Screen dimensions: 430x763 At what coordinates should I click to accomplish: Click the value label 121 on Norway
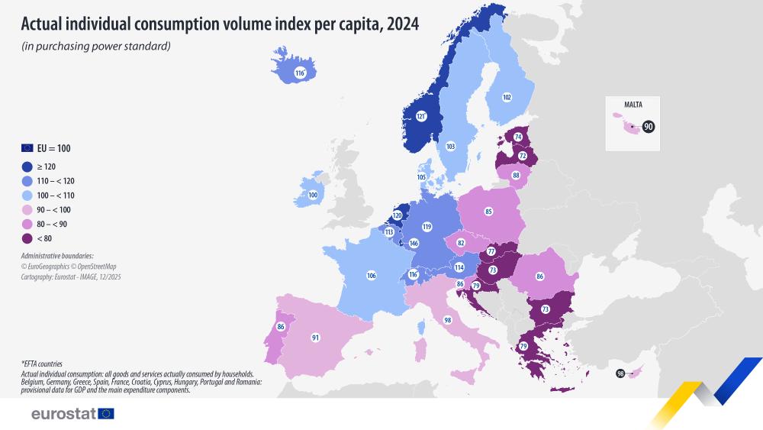click(x=420, y=116)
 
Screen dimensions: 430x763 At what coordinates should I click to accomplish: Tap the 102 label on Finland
click(x=507, y=97)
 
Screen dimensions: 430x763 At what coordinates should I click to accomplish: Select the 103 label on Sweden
click(x=450, y=146)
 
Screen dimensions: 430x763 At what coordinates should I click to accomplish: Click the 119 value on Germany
click(x=427, y=227)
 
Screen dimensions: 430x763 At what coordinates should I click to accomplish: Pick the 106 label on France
click(x=371, y=275)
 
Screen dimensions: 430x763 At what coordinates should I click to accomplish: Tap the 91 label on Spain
click(x=315, y=337)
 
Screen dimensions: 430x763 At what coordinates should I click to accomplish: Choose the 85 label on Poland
click(x=488, y=211)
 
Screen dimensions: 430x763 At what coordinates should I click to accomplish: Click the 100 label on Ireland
click(x=313, y=195)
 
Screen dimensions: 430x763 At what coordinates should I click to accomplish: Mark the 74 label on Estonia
click(x=518, y=137)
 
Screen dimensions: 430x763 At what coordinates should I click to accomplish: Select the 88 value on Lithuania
click(x=516, y=175)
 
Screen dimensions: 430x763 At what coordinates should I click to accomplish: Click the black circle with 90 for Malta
click(x=649, y=127)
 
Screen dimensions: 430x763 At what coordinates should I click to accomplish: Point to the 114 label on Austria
click(x=459, y=267)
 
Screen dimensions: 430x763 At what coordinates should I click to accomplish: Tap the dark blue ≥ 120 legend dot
click(x=27, y=167)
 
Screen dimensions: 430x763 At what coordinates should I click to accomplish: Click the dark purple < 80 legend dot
click(x=27, y=238)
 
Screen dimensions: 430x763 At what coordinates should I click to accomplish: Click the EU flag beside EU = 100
click(x=27, y=148)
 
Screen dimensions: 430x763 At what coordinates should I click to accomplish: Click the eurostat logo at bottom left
click(x=72, y=413)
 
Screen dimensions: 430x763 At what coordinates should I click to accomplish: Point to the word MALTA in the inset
click(x=633, y=105)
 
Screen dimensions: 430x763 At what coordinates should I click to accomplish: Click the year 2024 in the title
click(x=402, y=23)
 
